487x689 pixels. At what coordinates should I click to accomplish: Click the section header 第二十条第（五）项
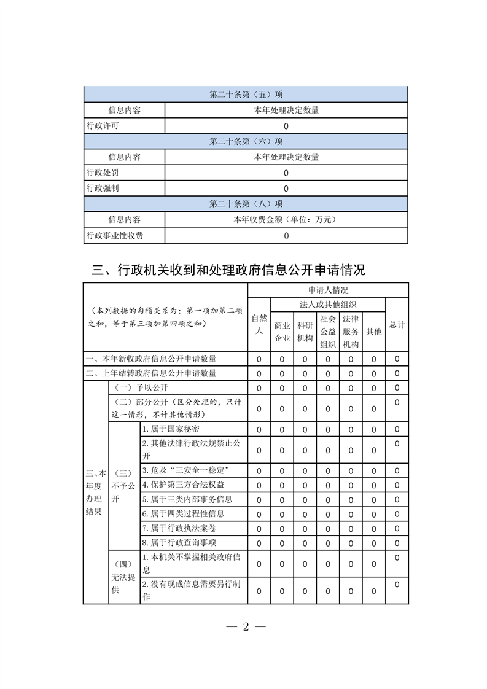coord(246,95)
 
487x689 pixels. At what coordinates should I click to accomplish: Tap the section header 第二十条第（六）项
coord(246,141)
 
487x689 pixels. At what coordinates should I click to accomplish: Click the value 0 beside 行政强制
coord(286,189)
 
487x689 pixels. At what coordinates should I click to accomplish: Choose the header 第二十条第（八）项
coord(246,204)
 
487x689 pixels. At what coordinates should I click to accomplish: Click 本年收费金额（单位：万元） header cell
coord(286,219)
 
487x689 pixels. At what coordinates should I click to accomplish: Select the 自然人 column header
coord(259,324)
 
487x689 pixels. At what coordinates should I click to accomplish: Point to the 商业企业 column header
coord(282,331)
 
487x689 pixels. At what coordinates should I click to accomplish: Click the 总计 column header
coord(397,324)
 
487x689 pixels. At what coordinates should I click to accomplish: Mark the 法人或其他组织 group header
coord(328,305)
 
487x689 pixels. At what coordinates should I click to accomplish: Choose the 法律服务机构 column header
coord(351,331)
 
